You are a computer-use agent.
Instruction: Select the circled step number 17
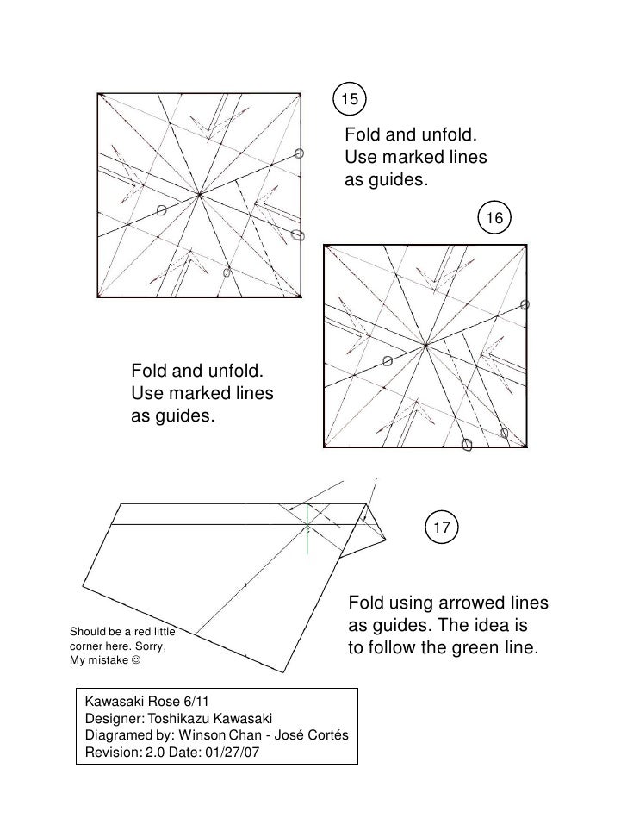440,528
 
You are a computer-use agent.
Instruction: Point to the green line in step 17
308,527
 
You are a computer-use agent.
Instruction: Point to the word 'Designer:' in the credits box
115,720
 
